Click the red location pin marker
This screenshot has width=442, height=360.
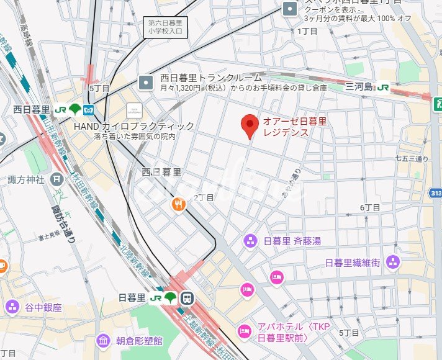(250, 125)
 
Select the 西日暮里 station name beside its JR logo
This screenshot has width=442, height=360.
(30, 109)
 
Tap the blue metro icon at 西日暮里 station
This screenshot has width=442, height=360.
(88, 109)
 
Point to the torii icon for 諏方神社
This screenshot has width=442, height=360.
(58, 179)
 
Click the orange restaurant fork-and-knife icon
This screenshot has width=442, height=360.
(178, 204)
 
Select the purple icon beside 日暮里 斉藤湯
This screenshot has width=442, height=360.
(250, 240)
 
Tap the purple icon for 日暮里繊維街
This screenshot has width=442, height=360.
(392, 263)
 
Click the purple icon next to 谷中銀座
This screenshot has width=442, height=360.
(12, 307)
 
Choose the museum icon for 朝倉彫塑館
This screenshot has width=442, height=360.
(104, 341)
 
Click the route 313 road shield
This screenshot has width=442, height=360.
(435, 195)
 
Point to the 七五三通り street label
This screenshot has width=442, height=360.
(412, 158)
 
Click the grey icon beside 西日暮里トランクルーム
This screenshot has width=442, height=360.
(146, 82)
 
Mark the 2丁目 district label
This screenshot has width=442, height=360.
(204, 197)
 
